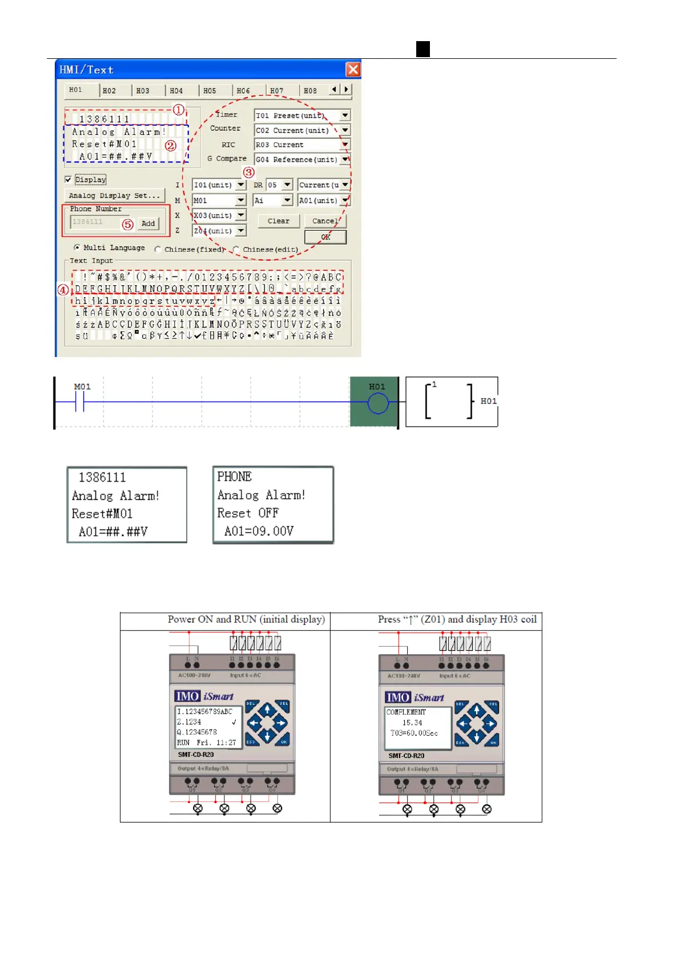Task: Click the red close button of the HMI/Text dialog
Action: point(353,70)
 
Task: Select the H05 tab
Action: point(210,91)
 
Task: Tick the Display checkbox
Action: point(69,179)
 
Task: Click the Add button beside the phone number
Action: point(148,223)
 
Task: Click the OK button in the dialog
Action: point(325,237)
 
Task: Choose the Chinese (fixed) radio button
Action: point(158,249)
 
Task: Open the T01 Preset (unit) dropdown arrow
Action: point(345,115)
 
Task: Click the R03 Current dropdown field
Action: point(297,145)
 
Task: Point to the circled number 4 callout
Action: point(63,290)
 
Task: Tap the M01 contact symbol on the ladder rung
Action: point(80,404)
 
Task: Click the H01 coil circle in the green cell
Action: point(377,404)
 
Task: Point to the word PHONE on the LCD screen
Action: point(234,476)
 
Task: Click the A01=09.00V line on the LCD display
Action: point(259,531)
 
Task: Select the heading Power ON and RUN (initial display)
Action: point(246,619)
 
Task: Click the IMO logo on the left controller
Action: point(187,696)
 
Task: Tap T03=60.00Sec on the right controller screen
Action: point(414,733)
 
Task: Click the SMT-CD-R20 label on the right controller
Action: point(406,756)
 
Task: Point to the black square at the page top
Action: point(423,49)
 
